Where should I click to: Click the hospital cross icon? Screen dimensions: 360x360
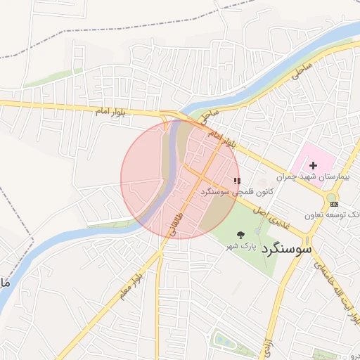coord(313,165)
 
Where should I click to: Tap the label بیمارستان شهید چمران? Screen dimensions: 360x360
coord(314,177)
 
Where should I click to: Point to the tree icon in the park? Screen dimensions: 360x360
coord(241,236)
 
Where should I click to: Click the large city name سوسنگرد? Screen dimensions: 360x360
coord(286,250)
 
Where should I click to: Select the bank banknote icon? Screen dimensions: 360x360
coord(333,204)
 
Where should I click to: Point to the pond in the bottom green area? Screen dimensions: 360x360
coord(224,341)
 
